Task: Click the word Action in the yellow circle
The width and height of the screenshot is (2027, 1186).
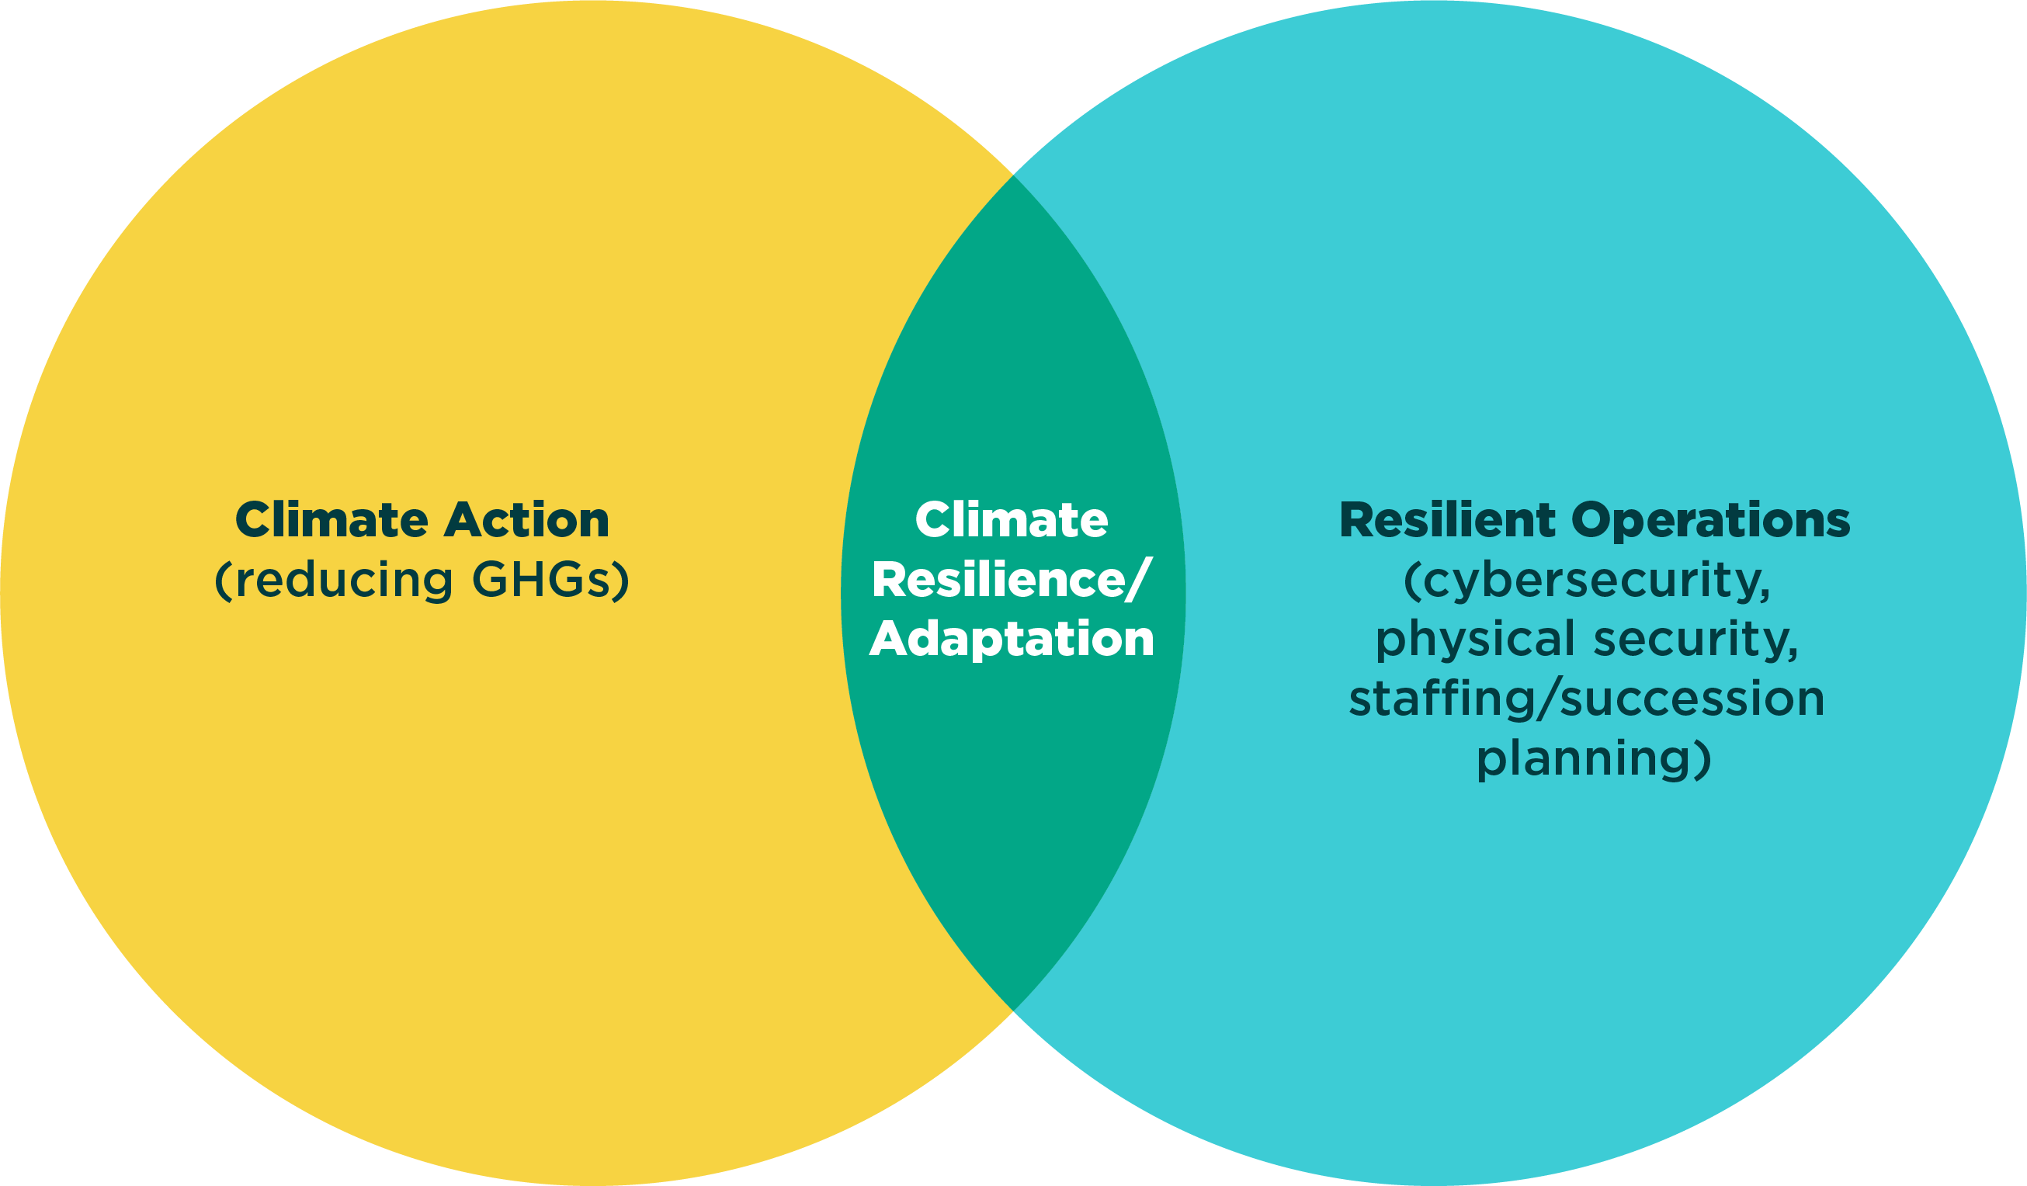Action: (x=526, y=520)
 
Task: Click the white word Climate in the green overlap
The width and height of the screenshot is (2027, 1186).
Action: (x=1011, y=520)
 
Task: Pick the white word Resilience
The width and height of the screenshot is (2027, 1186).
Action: (x=997, y=580)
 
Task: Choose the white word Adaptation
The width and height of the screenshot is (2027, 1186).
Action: (x=1011, y=640)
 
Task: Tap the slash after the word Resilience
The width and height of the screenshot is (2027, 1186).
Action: (x=1137, y=580)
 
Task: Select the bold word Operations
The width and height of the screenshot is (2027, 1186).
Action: (x=1710, y=520)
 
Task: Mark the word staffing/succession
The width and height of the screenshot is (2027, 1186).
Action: (x=1586, y=699)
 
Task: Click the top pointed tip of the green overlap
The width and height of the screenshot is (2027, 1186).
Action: (x=1014, y=175)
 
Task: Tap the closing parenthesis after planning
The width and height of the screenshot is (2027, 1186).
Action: (x=1702, y=758)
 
